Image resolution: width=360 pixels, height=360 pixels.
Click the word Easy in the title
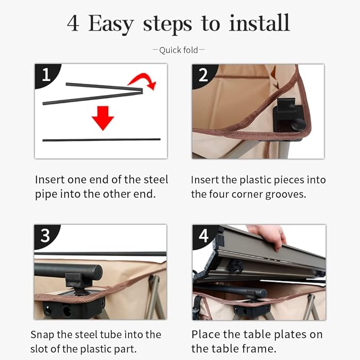pyautogui.click(x=111, y=24)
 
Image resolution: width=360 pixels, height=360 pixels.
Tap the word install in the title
pyautogui.click(x=259, y=23)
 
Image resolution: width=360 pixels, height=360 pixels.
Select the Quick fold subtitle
pyautogui.click(x=178, y=50)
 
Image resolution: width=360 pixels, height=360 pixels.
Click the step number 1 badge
pyautogui.click(x=47, y=75)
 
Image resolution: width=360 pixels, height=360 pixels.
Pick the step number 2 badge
pyautogui.click(x=204, y=75)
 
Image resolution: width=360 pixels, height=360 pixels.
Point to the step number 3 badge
pyautogui.click(x=46, y=235)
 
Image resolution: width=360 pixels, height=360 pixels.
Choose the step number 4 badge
pyautogui.click(x=204, y=235)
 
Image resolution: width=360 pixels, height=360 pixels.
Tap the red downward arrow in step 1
pyautogui.click(x=103, y=118)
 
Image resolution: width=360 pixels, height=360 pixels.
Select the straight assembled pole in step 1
pyautogui.click(x=101, y=139)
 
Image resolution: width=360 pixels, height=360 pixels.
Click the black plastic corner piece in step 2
pyautogui.click(x=289, y=115)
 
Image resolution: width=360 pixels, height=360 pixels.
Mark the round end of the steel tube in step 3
pyautogui.click(x=96, y=273)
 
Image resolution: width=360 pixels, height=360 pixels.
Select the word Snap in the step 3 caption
pyautogui.click(x=42, y=335)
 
